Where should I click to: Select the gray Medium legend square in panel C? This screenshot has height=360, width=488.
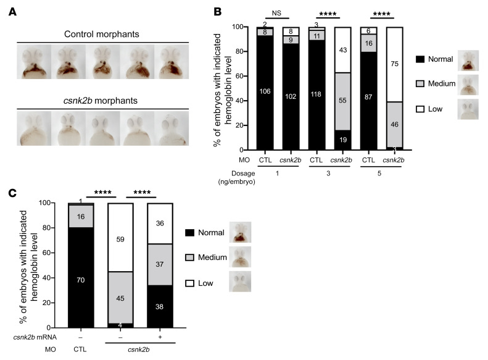[x=190, y=257]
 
